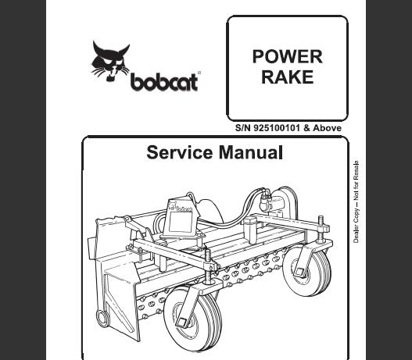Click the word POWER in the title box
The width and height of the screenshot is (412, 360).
(287, 56)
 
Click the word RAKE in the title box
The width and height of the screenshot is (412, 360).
(288, 77)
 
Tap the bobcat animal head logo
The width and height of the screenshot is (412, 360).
(110, 61)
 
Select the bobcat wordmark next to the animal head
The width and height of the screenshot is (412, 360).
(164, 82)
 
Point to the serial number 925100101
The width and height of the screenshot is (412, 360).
(277, 128)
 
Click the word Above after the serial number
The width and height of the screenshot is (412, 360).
(327, 128)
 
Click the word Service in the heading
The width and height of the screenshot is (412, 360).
(180, 152)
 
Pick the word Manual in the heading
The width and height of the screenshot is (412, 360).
(251, 152)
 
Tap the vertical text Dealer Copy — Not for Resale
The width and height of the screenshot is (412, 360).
(356, 201)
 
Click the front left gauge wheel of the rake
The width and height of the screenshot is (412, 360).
(192, 319)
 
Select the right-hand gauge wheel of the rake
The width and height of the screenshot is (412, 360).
(307, 272)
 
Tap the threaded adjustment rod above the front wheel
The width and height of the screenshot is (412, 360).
(208, 266)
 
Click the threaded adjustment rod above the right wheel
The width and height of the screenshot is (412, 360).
(321, 229)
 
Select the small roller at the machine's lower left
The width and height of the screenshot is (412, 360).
(102, 318)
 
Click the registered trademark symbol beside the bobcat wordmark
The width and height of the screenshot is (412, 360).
(199, 73)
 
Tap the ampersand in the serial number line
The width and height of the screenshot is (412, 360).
(306, 128)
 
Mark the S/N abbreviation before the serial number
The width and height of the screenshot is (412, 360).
(243, 128)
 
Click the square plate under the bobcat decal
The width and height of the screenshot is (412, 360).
(181, 221)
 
